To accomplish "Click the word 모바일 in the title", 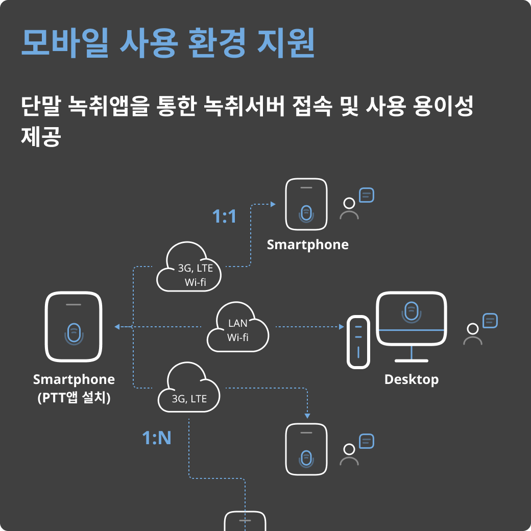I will (x=65, y=43).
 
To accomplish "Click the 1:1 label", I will (x=224, y=216).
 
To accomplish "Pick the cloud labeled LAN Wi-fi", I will (x=238, y=330).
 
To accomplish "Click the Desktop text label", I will (x=411, y=379).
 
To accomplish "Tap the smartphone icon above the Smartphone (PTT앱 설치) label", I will (x=74, y=327).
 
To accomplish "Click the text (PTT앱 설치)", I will (x=74, y=397).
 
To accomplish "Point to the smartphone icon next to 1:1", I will (x=306, y=204).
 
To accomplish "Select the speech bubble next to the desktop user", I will (x=490, y=321).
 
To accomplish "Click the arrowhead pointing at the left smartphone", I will (x=117, y=327).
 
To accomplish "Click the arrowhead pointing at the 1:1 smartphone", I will (x=273, y=204).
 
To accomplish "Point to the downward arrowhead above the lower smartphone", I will (x=307, y=414).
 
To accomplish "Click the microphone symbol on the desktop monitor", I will (x=412, y=311).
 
